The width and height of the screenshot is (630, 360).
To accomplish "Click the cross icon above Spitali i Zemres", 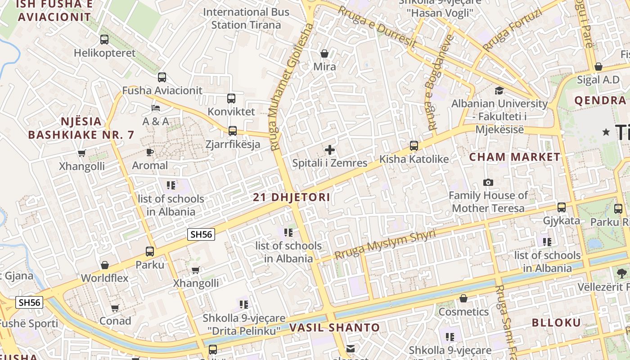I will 330,150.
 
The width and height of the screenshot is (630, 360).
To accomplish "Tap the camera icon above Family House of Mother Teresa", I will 488,182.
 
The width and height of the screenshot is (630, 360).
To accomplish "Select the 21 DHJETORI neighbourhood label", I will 292,197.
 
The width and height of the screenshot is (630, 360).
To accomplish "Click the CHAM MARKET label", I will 515,157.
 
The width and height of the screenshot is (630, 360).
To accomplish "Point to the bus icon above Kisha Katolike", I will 414,146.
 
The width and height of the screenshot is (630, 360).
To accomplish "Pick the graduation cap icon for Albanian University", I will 499,91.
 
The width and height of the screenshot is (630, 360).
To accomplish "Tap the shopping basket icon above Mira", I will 324,54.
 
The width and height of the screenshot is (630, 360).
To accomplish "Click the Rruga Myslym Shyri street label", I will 385,245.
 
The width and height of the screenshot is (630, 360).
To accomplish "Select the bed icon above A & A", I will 156,108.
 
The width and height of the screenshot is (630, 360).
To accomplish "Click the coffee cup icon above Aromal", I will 150,152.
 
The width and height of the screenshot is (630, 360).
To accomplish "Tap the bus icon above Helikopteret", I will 104,40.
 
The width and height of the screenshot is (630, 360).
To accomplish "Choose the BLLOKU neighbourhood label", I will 557,323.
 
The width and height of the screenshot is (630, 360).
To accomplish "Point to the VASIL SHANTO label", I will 335,328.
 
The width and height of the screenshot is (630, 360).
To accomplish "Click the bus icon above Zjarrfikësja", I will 233,131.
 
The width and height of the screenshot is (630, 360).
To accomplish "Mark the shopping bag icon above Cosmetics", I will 463,298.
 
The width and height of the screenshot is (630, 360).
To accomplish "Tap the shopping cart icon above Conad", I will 115,308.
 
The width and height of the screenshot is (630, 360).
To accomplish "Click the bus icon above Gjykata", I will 562,207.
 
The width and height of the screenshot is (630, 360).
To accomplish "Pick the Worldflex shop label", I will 104,278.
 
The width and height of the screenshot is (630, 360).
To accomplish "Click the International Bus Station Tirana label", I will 246,18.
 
